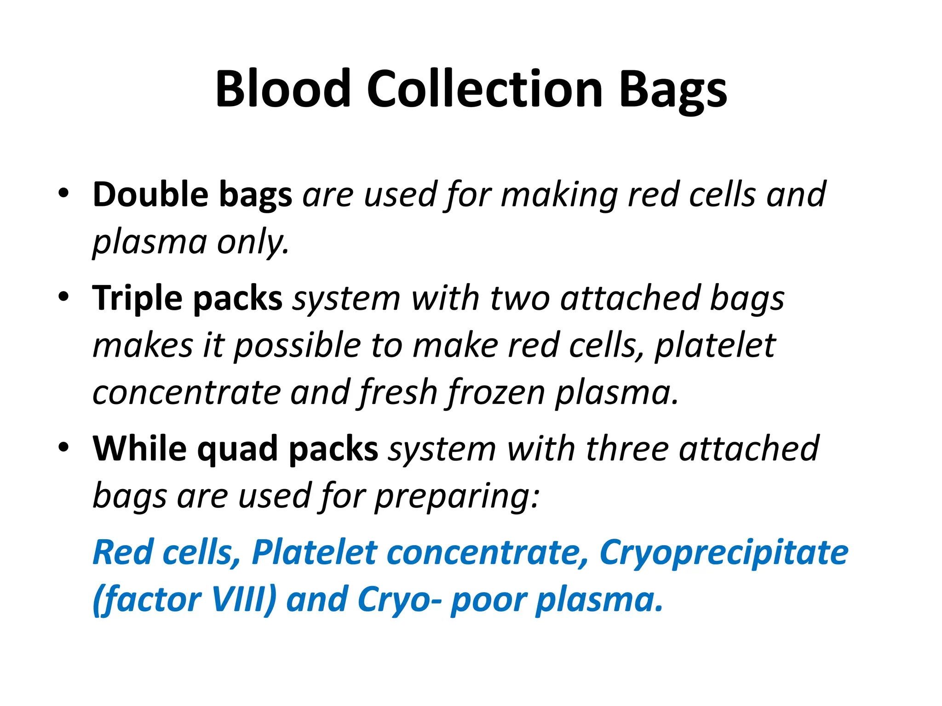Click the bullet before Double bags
point(63,193)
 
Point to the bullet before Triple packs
point(63,297)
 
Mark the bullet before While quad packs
point(63,447)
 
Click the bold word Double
point(150,194)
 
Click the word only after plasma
point(253,243)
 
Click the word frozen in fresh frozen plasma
point(497,393)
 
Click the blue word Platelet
point(315,552)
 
